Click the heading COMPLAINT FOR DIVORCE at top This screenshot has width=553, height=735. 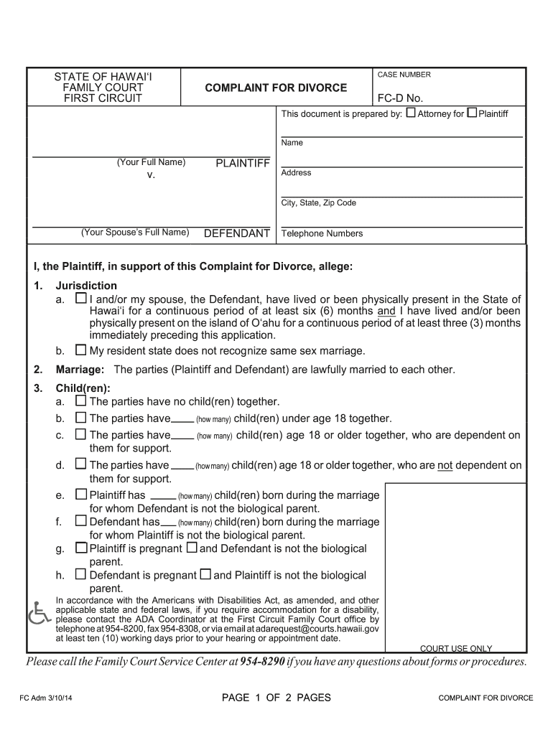coord(275,88)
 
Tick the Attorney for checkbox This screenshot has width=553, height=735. coord(411,113)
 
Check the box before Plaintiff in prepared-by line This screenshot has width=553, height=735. coord(472,113)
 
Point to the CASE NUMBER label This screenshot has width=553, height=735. coord(404,75)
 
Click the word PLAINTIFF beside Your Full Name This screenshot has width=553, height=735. coord(243,164)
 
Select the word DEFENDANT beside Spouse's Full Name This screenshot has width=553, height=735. coord(237,233)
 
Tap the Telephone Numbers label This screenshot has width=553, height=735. coord(322,233)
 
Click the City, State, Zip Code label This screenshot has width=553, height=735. coord(318,203)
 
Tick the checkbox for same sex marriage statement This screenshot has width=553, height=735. coord(80,350)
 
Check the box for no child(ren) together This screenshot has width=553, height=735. coord(80,401)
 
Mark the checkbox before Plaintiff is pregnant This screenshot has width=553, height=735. coord(80,548)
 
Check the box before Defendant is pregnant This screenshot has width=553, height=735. coord(80,575)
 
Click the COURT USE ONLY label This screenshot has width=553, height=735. coord(456,649)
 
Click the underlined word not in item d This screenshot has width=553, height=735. coord(445,465)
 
